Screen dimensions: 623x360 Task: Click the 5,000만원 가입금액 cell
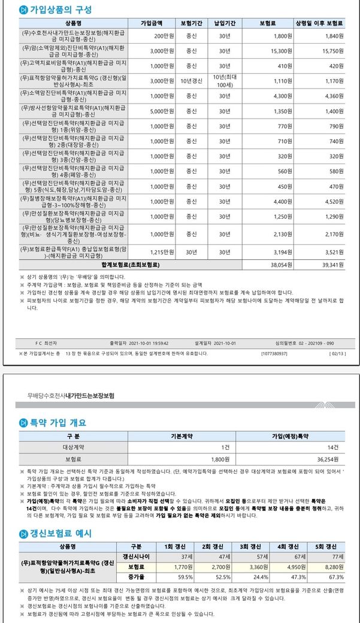[162, 111]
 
